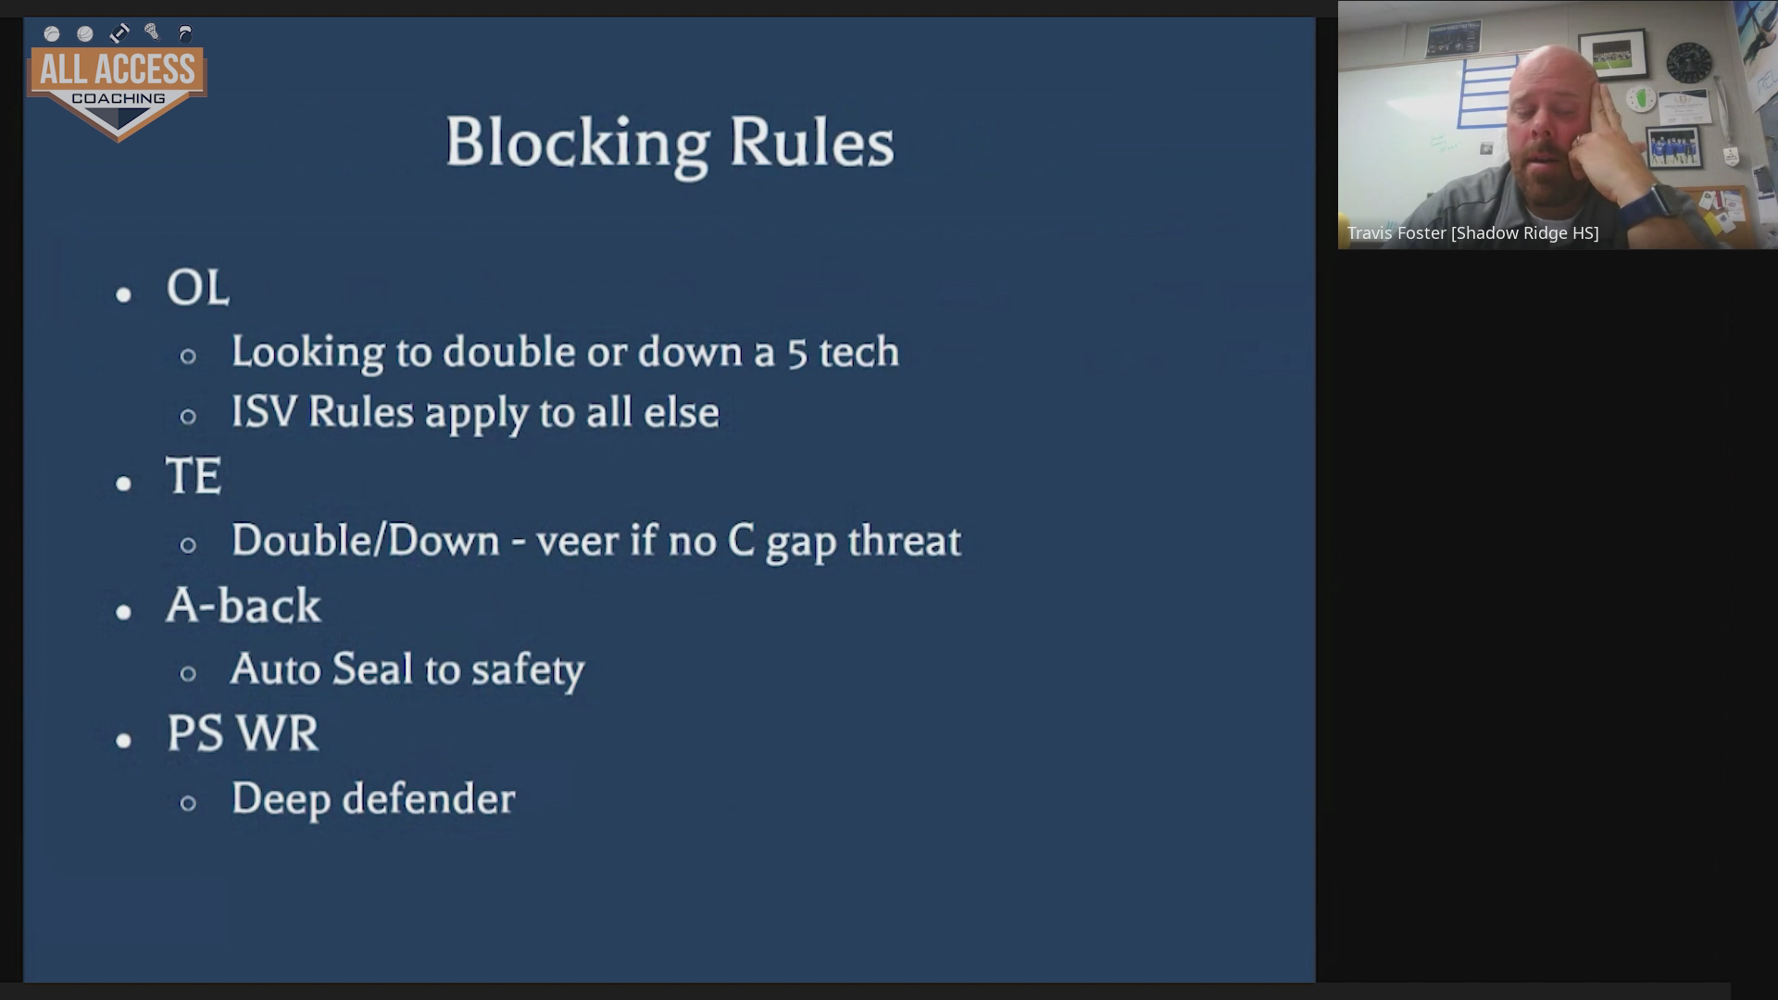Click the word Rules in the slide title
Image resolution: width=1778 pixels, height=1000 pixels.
coord(812,143)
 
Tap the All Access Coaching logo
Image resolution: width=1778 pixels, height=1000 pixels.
coord(118,82)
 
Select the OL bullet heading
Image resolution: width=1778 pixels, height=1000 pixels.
coord(197,287)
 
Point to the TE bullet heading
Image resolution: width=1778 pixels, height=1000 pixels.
coord(194,476)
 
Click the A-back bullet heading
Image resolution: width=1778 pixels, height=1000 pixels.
coord(244,606)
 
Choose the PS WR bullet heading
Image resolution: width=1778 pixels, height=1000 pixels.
coord(243,733)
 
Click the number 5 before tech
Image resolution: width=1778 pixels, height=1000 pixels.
coord(797,353)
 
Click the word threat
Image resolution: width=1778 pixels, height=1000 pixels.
coord(905,541)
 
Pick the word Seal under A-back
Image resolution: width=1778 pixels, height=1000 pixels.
coord(372,669)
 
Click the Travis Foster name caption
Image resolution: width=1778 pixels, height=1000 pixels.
coord(1472,233)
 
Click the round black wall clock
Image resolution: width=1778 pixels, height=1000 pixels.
coord(1689,63)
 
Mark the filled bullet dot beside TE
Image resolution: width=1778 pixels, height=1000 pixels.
coord(124,483)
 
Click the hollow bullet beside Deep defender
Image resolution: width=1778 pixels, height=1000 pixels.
coord(188,803)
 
